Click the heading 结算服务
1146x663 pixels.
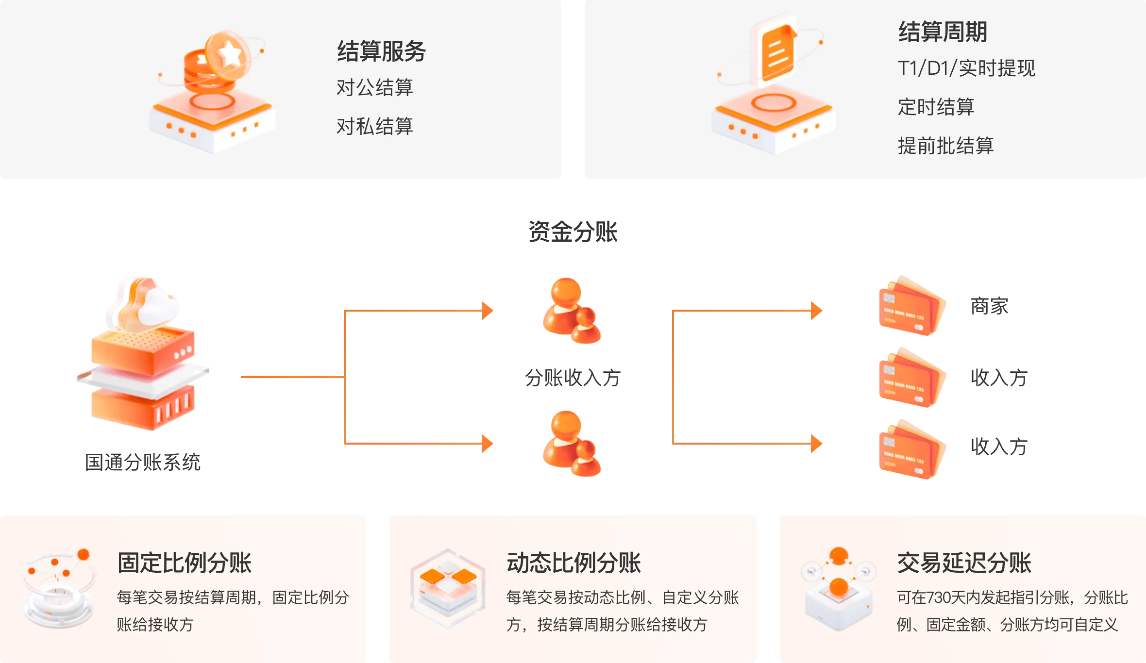[x=381, y=51]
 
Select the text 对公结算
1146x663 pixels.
[x=374, y=88]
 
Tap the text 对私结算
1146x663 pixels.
[x=374, y=127]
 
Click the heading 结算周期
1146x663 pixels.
[x=943, y=32]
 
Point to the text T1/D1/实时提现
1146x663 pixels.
[x=966, y=68]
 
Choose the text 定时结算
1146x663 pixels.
[x=936, y=107]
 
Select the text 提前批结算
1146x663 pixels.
[x=945, y=146]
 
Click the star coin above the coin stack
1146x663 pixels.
[x=228, y=55]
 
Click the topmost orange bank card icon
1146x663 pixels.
[x=911, y=306]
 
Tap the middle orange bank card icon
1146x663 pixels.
[x=911, y=378]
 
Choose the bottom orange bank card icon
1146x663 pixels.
[x=911, y=449]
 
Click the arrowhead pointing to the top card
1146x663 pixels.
[x=817, y=311]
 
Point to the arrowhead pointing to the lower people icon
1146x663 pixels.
[x=487, y=443]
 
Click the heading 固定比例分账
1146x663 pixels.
[x=185, y=563]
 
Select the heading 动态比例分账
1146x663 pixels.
[x=574, y=563]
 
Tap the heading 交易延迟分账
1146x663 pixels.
[x=964, y=563]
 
